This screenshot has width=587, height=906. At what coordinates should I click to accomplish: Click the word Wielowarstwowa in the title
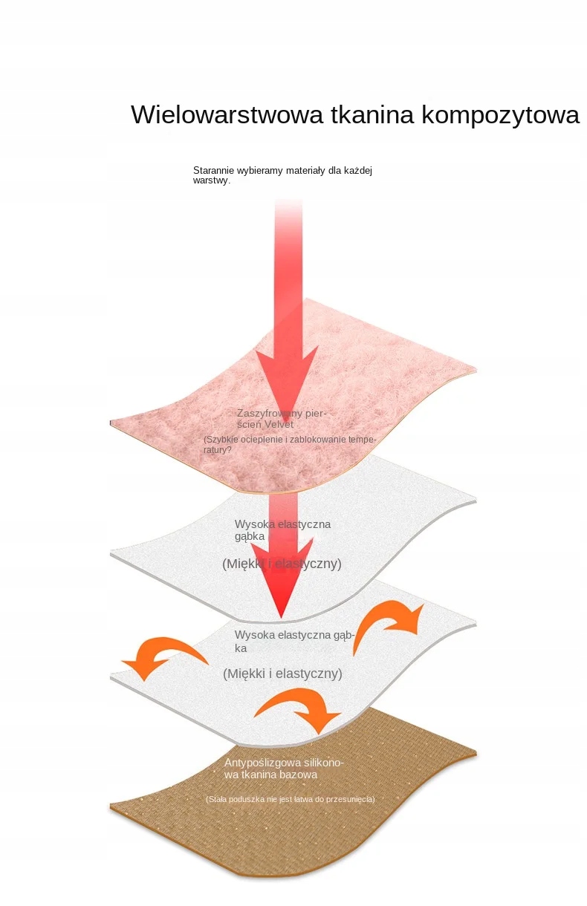coord(227,115)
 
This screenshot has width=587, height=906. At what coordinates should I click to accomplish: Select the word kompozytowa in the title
coord(501,116)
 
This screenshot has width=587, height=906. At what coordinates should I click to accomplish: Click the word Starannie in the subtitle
coord(213,171)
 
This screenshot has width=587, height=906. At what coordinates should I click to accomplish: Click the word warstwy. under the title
coord(212,180)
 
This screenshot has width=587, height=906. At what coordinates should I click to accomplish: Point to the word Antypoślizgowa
coord(260,763)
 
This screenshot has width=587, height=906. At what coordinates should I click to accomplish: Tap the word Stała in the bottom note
coord(218,799)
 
